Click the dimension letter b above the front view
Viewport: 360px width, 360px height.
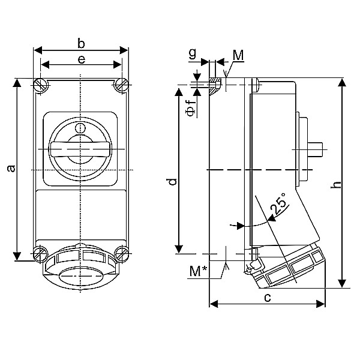(x=81, y=43)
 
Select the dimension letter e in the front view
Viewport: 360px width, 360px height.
(x=81, y=58)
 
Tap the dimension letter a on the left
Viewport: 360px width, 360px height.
(x=11, y=169)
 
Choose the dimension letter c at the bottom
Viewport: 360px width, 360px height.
(x=268, y=297)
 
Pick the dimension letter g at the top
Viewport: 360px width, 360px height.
(x=192, y=53)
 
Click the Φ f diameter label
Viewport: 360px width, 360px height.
(x=190, y=107)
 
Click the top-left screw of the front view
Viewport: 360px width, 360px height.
(x=41, y=85)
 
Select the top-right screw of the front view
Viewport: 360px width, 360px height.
(x=121, y=85)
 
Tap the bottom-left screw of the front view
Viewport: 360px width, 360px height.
(x=41, y=253)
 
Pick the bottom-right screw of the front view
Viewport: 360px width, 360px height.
(x=121, y=253)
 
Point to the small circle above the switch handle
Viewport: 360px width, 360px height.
(x=80, y=128)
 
